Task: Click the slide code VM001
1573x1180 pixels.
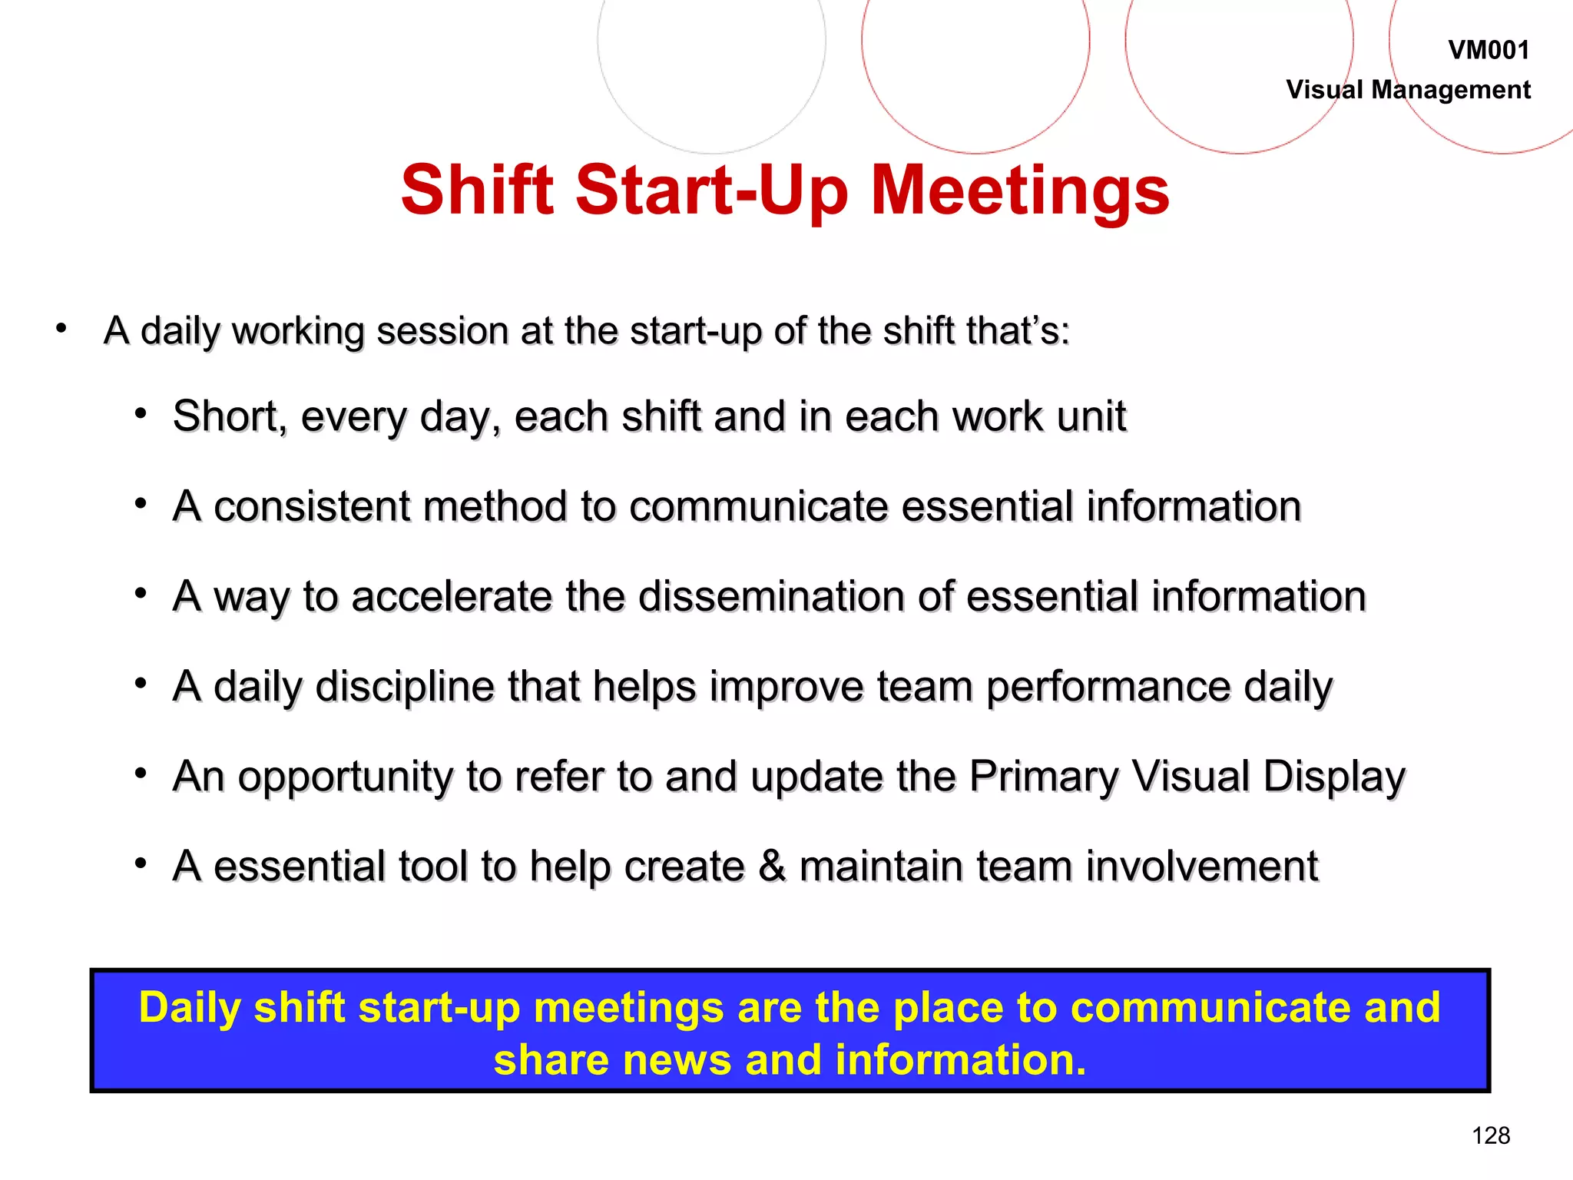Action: [1489, 51]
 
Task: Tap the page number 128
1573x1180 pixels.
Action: [1491, 1135]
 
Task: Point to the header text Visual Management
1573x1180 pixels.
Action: [1408, 90]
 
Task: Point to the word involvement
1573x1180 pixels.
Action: [1201, 867]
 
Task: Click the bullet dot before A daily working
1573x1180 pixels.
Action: [61, 330]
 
